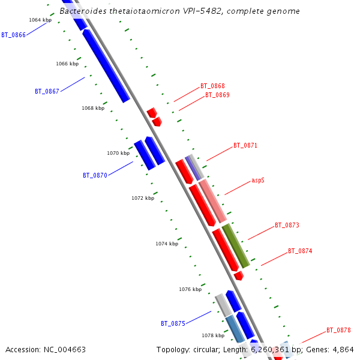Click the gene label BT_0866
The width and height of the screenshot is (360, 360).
coord(13,35)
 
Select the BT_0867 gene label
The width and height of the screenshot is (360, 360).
coord(47,92)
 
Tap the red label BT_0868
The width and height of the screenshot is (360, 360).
coord(212,86)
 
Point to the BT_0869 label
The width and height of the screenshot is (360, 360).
coord(217,95)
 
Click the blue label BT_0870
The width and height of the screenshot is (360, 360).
coord(95,176)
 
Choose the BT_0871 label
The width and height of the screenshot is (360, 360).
coord(245,146)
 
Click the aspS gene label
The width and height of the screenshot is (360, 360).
coord(258,180)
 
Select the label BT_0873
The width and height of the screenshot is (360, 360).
coord(287,226)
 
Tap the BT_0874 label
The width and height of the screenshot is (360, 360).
coord(300,251)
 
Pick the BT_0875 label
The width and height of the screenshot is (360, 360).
coord(173,324)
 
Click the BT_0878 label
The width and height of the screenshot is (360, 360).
coord(338,331)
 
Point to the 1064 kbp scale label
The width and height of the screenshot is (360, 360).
coord(40,20)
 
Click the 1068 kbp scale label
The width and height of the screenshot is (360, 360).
coord(93,109)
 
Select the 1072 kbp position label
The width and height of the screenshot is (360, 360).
coord(143,199)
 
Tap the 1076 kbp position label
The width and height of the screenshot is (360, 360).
coord(190,290)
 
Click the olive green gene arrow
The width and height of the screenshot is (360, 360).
coord(236,246)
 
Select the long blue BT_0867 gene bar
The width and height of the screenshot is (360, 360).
coord(106,66)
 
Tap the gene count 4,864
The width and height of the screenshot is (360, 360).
coord(343,350)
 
